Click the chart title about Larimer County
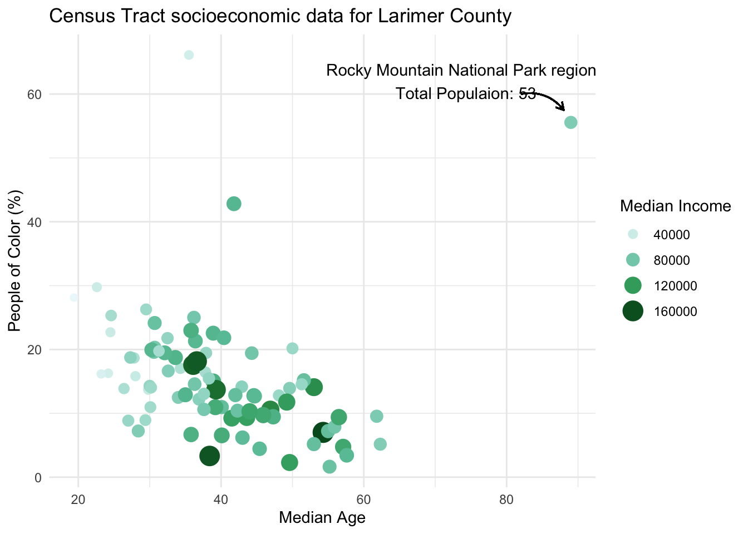pos(280,16)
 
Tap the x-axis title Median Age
pos(322,518)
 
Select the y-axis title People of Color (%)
pos(15,261)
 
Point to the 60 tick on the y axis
pos(35,94)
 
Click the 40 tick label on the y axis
pos(35,222)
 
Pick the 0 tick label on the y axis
pos(38,477)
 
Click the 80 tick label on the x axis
pos(506,497)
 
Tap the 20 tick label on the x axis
pos(78,497)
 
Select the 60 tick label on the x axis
pos(363,497)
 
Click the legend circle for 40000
pos(633,234)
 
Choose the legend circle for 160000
pos(633,311)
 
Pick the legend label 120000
pos(675,286)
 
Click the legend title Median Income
pos(675,206)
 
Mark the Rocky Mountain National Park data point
pos(570,122)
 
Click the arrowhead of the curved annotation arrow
pos(563,108)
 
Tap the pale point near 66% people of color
pos(189,55)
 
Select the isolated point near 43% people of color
pos(234,204)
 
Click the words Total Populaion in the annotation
pos(454,93)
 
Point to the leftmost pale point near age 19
pos(74,298)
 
